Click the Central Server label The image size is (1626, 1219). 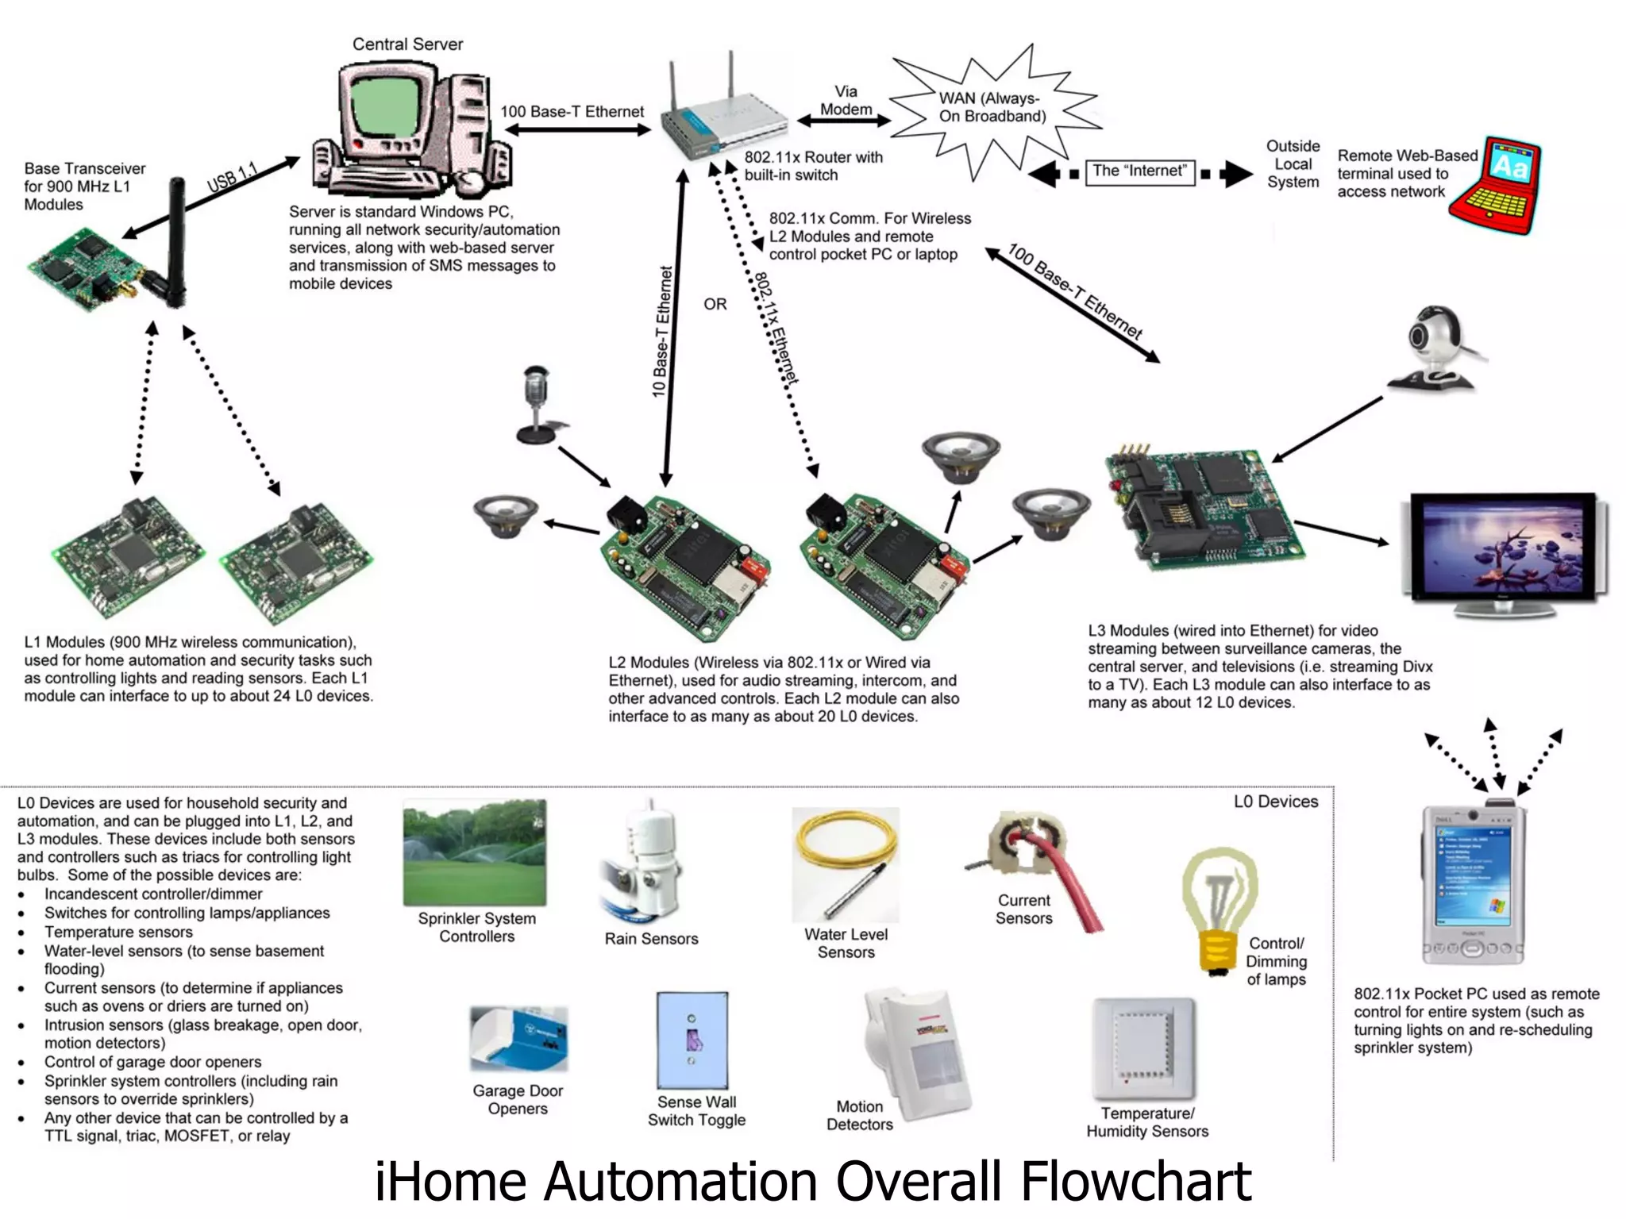[x=407, y=44]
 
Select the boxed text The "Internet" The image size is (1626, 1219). [x=1139, y=171]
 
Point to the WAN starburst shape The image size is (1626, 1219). [x=992, y=107]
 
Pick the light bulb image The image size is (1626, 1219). [x=1218, y=909]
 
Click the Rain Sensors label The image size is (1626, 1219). [x=651, y=939]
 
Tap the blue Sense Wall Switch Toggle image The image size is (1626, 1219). [x=692, y=1040]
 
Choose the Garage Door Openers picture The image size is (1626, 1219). [x=518, y=1037]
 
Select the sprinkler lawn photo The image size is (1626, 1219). [x=475, y=852]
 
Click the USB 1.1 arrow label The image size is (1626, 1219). [x=233, y=177]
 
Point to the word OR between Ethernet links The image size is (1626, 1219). [x=715, y=304]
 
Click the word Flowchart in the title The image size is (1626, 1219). [x=1135, y=1181]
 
